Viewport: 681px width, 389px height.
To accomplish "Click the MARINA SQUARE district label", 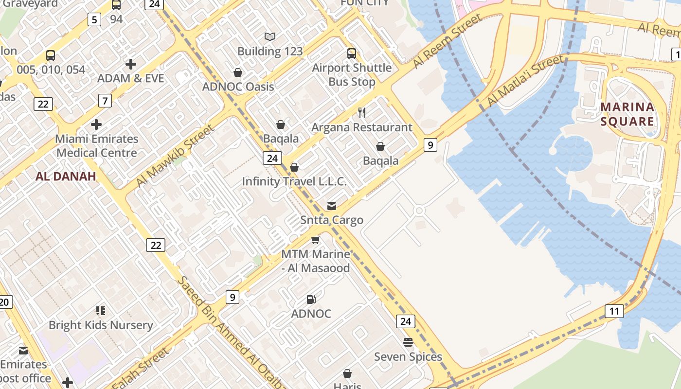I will tap(627, 114).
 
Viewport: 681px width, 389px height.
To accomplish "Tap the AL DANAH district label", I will tap(66, 177).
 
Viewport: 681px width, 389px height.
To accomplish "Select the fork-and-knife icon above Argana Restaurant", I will tap(362, 113).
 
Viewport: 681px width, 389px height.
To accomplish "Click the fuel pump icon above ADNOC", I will tap(311, 300).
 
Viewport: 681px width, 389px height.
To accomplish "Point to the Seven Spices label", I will tap(408, 357).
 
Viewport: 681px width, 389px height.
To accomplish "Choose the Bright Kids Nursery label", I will tap(101, 325).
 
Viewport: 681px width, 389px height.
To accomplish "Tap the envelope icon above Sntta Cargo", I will tap(332, 206).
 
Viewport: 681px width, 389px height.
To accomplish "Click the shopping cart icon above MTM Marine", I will tap(316, 240).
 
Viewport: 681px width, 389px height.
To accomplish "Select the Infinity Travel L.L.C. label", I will tap(294, 181).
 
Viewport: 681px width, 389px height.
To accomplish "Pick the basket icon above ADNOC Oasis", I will tap(238, 72).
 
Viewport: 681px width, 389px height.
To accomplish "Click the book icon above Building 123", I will tap(270, 36).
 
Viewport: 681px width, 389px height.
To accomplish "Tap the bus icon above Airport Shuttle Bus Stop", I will tap(352, 53).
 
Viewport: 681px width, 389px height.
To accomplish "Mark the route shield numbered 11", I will tap(614, 311).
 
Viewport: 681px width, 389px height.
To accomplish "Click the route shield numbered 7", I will tap(105, 101).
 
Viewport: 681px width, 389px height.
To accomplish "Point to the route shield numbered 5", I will tap(94, 19).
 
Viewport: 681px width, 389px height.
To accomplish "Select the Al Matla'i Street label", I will tap(526, 80).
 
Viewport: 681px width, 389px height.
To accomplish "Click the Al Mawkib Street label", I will tap(175, 156).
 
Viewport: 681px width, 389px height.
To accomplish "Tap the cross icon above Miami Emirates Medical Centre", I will tap(96, 124).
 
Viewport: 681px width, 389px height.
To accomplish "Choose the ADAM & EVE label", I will tap(130, 78).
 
